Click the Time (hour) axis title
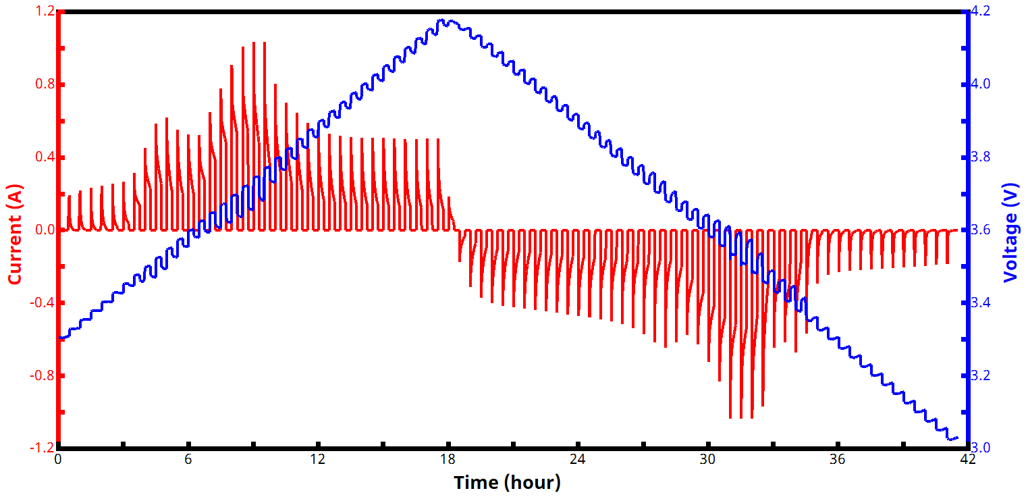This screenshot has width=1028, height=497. [x=507, y=482]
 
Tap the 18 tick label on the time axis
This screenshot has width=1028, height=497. [x=448, y=459]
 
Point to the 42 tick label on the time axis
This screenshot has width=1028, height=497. [x=967, y=459]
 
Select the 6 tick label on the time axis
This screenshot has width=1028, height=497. [x=188, y=459]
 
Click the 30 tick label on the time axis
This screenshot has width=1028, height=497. [x=707, y=459]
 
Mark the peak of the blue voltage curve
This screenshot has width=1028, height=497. [x=443, y=20]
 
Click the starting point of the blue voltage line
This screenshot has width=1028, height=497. [x=59, y=338]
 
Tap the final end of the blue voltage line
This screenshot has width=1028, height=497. [x=957, y=438]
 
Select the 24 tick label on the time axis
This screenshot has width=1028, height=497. [x=578, y=459]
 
